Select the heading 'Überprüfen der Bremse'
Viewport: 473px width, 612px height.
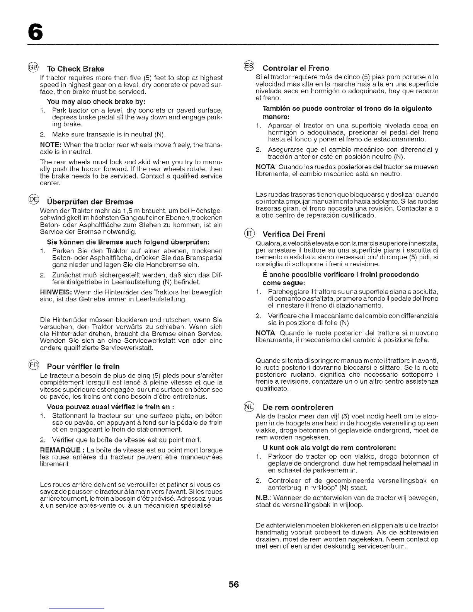point(90,202)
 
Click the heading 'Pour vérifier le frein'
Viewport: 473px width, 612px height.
point(83,366)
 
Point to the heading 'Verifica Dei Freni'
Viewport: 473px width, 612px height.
point(294,234)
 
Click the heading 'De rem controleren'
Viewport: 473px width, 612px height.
point(298,407)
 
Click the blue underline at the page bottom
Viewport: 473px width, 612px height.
point(77,609)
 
